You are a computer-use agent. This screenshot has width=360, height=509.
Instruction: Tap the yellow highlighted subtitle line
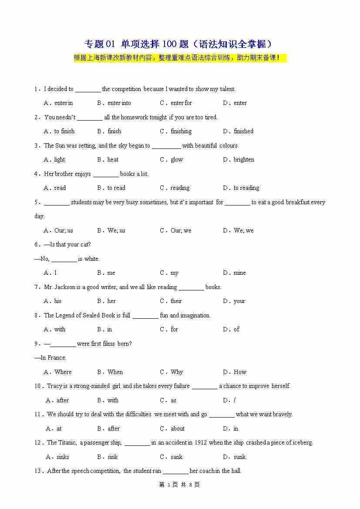coord(180,58)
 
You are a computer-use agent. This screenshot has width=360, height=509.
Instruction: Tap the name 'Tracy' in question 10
coord(54,386)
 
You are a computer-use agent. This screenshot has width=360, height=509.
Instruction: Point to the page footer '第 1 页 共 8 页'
coord(180,485)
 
